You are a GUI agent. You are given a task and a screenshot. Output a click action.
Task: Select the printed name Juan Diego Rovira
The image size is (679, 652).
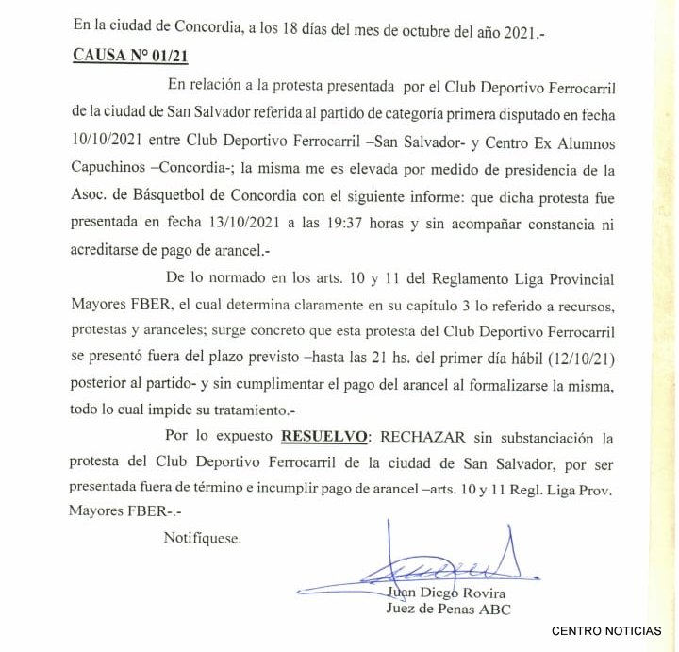(x=446, y=593)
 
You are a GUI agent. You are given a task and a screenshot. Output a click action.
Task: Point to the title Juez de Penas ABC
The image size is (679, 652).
(x=449, y=610)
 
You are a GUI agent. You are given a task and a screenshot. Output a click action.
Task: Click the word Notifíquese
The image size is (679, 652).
(x=202, y=539)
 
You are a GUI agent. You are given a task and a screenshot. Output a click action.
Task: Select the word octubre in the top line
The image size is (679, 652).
(x=395, y=31)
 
